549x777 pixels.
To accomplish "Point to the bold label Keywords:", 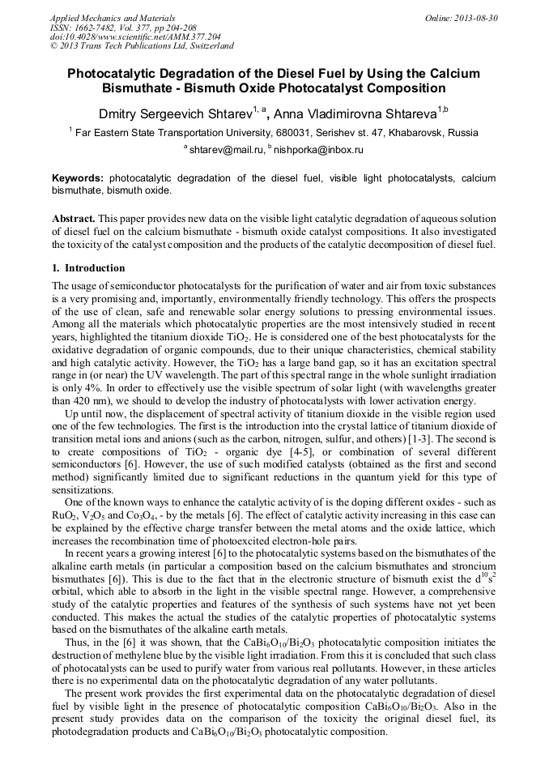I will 78,178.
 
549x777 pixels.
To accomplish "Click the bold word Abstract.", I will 74,220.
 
